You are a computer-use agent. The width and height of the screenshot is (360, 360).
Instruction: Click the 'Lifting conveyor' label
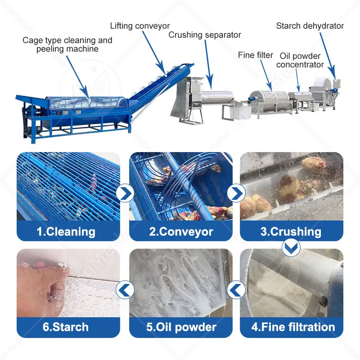[x=140, y=26]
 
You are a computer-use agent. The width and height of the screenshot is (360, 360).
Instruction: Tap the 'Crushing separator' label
[x=205, y=35]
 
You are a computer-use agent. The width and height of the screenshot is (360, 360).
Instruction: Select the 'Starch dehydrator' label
[x=310, y=26]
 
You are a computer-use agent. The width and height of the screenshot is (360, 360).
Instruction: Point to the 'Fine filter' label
[x=255, y=55]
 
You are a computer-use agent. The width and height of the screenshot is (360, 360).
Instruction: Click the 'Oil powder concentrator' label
[x=300, y=60]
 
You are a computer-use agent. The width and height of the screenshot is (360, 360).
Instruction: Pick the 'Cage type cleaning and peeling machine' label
[x=67, y=45]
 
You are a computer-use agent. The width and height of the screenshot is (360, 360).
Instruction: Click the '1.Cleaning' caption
[x=66, y=231]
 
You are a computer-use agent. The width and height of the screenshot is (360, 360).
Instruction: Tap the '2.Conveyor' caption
[x=181, y=232]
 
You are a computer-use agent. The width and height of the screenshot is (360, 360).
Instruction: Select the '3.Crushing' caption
[x=291, y=232]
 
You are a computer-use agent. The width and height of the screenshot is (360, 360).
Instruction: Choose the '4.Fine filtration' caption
[x=293, y=327]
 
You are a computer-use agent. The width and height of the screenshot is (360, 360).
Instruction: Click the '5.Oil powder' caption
[x=181, y=327]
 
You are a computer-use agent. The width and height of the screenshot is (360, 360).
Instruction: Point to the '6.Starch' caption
[x=65, y=327]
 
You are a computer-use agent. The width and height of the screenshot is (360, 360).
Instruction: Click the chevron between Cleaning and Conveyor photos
[x=125, y=193]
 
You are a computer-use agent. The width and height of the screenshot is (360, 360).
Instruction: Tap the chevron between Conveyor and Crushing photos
[x=236, y=193]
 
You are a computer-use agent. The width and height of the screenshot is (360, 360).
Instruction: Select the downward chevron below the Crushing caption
[x=291, y=247]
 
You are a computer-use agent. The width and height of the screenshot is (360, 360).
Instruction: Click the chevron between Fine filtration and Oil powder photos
[x=236, y=290]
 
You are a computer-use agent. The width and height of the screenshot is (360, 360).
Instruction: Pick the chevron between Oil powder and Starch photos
[x=125, y=290]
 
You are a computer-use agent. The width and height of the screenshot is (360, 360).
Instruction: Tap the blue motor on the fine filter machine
[x=252, y=98]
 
